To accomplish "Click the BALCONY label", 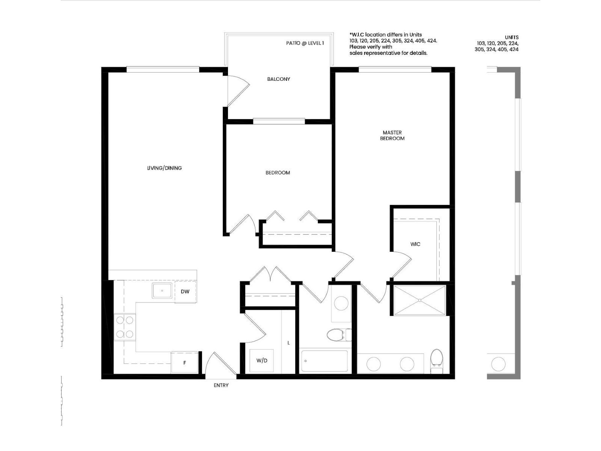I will [x=278, y=79].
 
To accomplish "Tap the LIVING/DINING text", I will [x=164, y=168].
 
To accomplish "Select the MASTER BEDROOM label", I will [x=392, y=135].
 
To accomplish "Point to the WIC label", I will [x=415, y=244].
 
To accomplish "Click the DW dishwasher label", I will [x=185, y=292].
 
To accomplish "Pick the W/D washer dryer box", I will [x=262, y=361].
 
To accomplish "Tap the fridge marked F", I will [x=184, y=363].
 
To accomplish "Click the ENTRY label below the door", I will [x=221, y=385].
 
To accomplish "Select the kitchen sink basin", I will [x=162, y=291].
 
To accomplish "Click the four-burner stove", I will [x=125, y=327].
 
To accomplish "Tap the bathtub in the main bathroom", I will [x=325, y=361].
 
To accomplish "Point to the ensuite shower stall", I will [x=419, y=300].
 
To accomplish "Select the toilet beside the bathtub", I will [x=336, y=334].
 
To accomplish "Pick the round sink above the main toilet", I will [x=341, y=303].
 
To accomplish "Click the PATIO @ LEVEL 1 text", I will [x=305, y=43].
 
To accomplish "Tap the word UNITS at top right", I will [x=512, y=37].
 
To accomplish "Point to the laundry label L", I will [x=288, y=343].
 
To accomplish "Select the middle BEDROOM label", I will [x=278, y=173].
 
